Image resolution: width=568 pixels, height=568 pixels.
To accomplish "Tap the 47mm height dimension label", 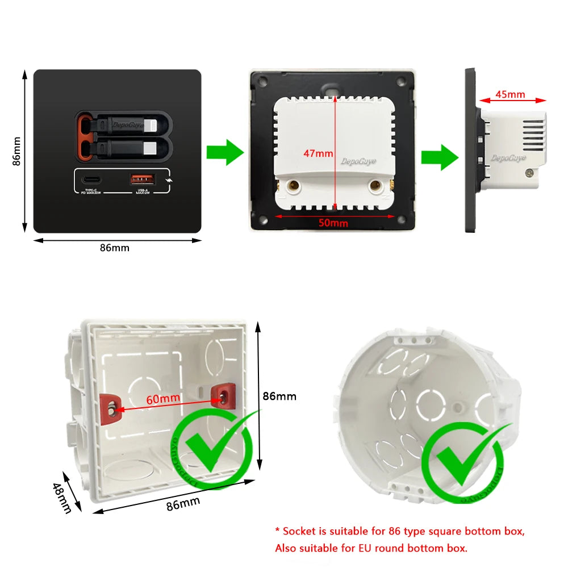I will point(318,153).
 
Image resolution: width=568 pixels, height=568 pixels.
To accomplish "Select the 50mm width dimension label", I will point(333,223).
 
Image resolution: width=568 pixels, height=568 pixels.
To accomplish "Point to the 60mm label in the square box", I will point(163,399).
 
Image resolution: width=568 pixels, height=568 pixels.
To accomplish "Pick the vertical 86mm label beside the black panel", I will point(17,151).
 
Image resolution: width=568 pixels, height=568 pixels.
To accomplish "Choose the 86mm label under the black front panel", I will point(114,248).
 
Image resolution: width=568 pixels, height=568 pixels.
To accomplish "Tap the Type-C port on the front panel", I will point(92,180).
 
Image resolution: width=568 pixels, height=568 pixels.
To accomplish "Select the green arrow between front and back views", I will point(224,152).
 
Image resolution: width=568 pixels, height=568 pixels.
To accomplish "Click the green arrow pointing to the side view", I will point(439,157).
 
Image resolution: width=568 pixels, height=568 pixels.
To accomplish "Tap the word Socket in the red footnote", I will point(299,532).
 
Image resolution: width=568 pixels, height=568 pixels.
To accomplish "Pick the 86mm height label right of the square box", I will point(279,396).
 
